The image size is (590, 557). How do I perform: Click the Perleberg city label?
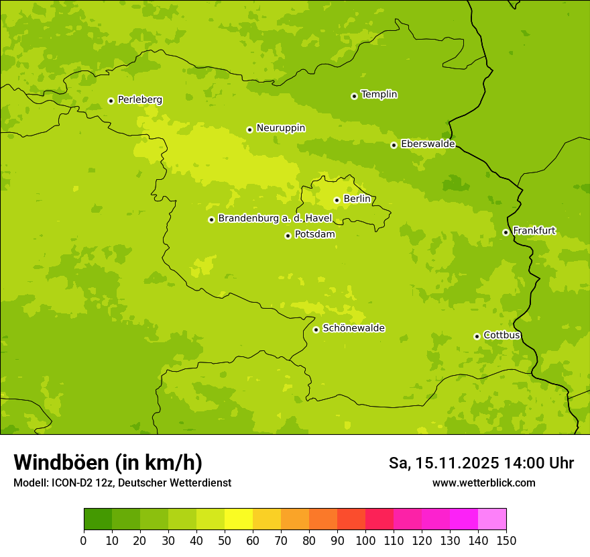pyautogui.click(x=139, y=100)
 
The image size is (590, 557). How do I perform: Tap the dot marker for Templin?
pyautogui.click(x=354, y=96)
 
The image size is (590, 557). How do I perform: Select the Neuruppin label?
pyautogui.click(x=280, y=128)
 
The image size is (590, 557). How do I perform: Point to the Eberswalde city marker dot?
pyautogui.click(x=394, y=145)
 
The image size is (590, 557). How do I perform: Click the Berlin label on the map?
pyautogui.click(x=357, y=199)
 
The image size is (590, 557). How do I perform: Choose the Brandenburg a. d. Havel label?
pyautogui.click(x=275, y=219)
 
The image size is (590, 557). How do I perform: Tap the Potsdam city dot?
pyautogui.click(x=288, y=236)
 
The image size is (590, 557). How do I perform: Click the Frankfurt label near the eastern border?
pyautogui.click(x=534, y=231)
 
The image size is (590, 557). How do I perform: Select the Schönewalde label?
pyautogui.click(x=353, y=328)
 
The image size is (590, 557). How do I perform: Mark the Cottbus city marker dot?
pyautogui.click(x=477, y=336)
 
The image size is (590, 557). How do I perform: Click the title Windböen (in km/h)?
pyautogui.click(x=108, y=462)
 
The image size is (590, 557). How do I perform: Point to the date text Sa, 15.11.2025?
pyautogui.click(x=444, y=463)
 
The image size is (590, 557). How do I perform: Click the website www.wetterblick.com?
pyautogui.click(x=483, y=483)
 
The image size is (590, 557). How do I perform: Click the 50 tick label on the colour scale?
pyautogui.click(x=225, y=540)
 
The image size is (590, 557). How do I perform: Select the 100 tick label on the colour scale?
pyautogui.click(x=365, y=540)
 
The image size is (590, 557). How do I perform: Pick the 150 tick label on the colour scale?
pyautogui.click(x=506, y=540)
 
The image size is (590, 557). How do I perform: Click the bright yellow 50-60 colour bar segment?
pyautogui.click(x=239, y=519)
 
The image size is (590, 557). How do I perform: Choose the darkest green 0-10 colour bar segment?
pyautogui.click(x=98, y=519)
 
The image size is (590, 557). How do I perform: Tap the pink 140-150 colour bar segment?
pyautogui.click(x=492, y=519)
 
